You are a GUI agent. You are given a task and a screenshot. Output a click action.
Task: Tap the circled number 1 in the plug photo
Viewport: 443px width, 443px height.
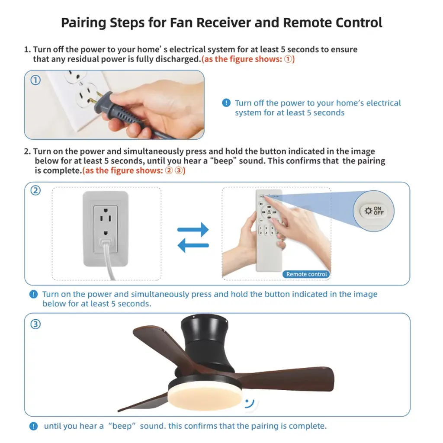click(35, 80)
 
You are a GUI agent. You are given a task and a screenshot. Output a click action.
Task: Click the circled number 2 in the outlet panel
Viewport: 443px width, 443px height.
click(35, 190)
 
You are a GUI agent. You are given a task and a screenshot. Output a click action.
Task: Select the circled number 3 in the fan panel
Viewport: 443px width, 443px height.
click(35, 324)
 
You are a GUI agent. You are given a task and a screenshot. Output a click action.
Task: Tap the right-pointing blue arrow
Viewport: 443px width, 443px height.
click(193, 229)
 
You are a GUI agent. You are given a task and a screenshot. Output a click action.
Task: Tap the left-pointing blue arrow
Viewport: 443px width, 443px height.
click(193, 245)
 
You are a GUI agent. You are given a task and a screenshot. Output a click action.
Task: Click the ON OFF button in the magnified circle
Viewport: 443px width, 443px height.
click(373, 211)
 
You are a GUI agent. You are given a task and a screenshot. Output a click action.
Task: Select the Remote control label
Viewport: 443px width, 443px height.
click(306, 274)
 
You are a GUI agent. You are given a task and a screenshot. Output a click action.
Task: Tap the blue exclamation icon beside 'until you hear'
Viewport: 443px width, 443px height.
click(33, 426)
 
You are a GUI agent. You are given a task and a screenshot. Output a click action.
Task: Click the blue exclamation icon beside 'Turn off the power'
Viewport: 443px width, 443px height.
click(226, 103)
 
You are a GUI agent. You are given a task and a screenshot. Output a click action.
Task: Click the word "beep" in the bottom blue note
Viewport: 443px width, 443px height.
click(122, 426)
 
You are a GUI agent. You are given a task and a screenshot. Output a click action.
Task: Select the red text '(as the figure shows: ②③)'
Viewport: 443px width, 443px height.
click(134, 170)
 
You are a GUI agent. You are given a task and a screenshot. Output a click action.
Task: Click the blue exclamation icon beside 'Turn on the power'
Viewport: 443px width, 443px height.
click(33, 294)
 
